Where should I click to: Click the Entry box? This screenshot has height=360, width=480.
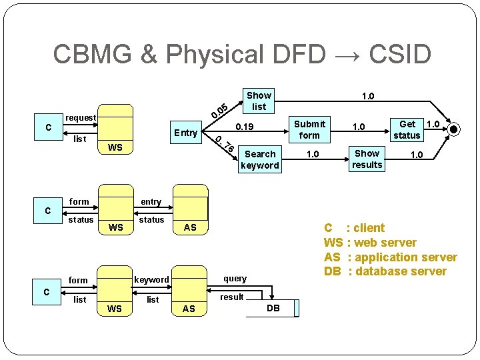point(186,132)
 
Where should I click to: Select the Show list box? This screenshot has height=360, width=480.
point(259,101)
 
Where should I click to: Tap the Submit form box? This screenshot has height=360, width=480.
point(309,129)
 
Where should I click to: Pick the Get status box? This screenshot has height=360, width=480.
point(407,130)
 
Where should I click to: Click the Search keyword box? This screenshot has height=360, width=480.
point(260,159)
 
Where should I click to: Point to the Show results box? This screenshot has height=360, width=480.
point(367,159)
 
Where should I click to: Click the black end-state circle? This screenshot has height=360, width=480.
point(454,129)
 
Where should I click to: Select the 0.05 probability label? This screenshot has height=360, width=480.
point(219,111)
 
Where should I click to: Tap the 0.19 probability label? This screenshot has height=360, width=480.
point(245,127)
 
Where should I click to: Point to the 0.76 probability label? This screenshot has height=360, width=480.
point(225,144)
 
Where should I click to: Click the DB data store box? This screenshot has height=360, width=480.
point(273,308)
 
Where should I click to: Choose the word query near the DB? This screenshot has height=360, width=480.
point(235,279)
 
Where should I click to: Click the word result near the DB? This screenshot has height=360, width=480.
point(232,297)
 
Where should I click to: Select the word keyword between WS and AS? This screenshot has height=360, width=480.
point(151,280)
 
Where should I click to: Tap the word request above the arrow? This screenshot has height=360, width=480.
point(81,118)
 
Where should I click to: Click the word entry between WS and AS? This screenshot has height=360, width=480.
point(151,202)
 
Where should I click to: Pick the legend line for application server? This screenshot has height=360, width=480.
point(391,257)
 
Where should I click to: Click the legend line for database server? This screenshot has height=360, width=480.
point(385,271)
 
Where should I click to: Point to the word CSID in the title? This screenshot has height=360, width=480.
point(400,53)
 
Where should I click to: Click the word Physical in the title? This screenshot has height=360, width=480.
point(215,55)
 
